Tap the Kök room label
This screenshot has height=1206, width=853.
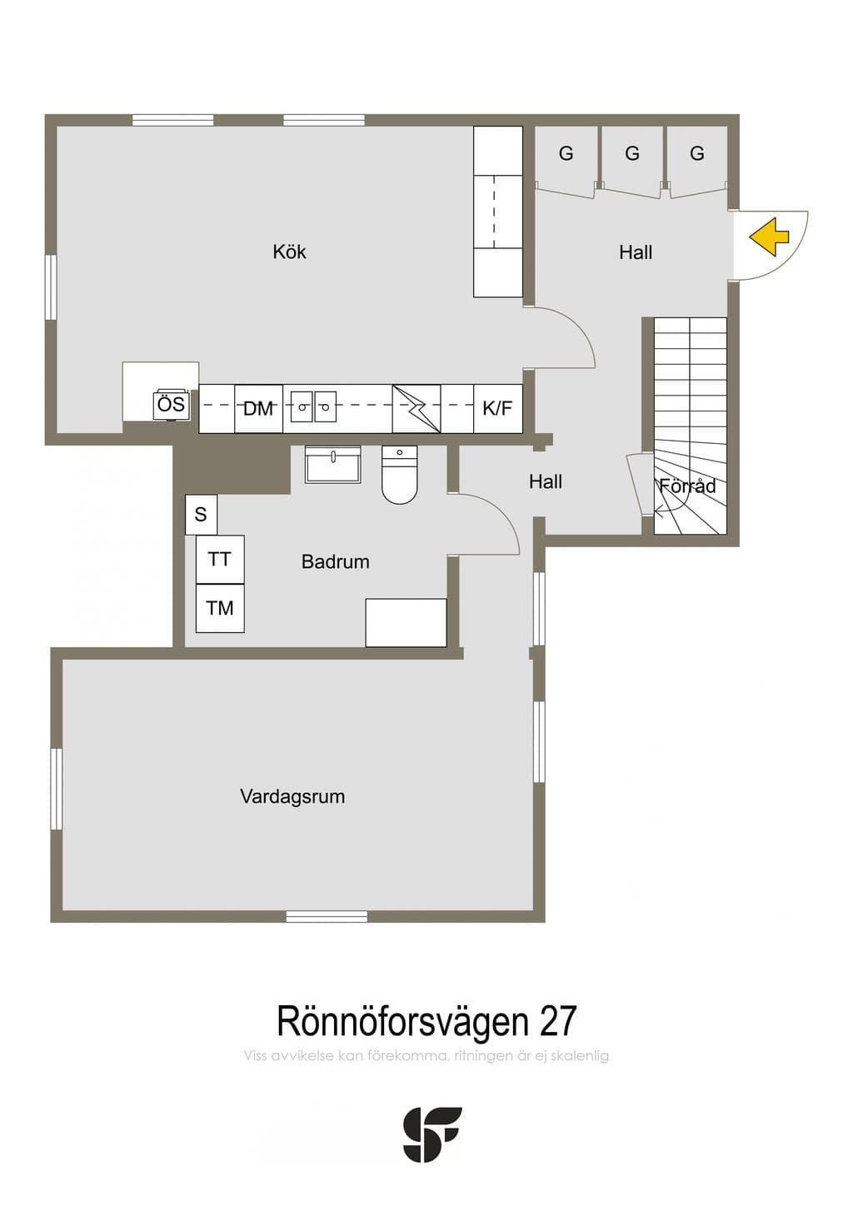click(289, 252)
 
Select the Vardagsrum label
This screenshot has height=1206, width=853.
click(292, 796)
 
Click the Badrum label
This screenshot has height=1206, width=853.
click(336, 561)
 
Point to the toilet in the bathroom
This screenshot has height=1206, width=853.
click(400, 475)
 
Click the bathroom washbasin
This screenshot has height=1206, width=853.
click(333, 464)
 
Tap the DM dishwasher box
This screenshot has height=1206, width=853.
click(258, 409)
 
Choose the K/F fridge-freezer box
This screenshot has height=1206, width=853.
click(498, 409)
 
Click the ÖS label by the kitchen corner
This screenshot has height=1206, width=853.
click(172, 404)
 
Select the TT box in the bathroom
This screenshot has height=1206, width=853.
click(220, 560)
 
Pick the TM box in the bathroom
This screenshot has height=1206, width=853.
click(220, 608)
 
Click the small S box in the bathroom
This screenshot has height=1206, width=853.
click(201, 515)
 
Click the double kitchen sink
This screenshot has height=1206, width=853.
click(314, 406)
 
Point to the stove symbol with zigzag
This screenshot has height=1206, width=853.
click(417, 409)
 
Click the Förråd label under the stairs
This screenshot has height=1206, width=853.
click(688, 486)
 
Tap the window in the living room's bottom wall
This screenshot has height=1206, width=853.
click(327, 916)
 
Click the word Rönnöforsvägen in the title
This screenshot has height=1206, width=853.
click(403, 1021)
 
